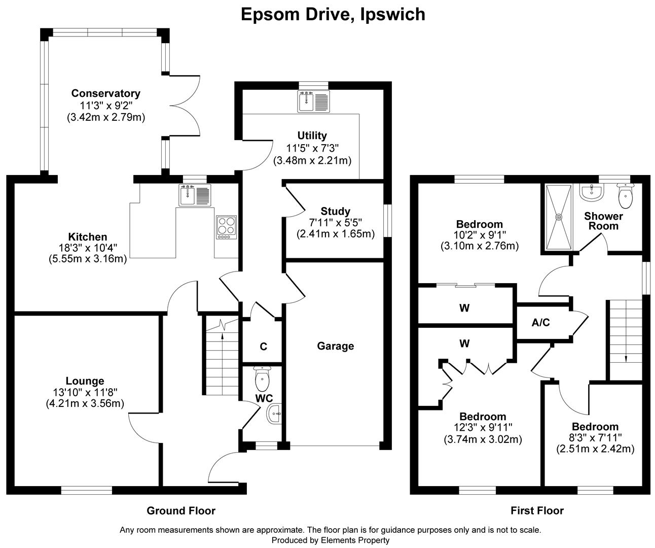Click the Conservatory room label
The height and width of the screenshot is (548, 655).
coord(106,93)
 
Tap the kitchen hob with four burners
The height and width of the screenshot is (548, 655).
coord(226,227)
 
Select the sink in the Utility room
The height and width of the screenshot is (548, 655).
coord(314,101)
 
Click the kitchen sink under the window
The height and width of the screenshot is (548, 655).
coord(195,195)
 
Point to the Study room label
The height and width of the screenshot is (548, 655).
coord(335,211)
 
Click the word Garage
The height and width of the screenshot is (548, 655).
coord(335,346)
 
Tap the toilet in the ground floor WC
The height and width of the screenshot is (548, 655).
coord(262,378)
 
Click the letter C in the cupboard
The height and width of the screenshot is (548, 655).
coord(263,347)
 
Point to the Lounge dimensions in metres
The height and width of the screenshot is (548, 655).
coord(85,403)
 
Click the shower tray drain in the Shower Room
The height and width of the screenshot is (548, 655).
coord(559,217)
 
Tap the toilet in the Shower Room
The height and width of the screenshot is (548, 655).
coord(626,196)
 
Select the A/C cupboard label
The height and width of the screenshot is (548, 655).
coord(540,322)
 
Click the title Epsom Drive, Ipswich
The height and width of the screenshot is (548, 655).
coord(333,14)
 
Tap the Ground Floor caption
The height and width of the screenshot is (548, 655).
coord(181,510)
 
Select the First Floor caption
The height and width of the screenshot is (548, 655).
coord(537,510)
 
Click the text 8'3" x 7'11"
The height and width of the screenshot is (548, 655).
coord(595,437)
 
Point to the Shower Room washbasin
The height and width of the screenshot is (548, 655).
coord(591,192)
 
